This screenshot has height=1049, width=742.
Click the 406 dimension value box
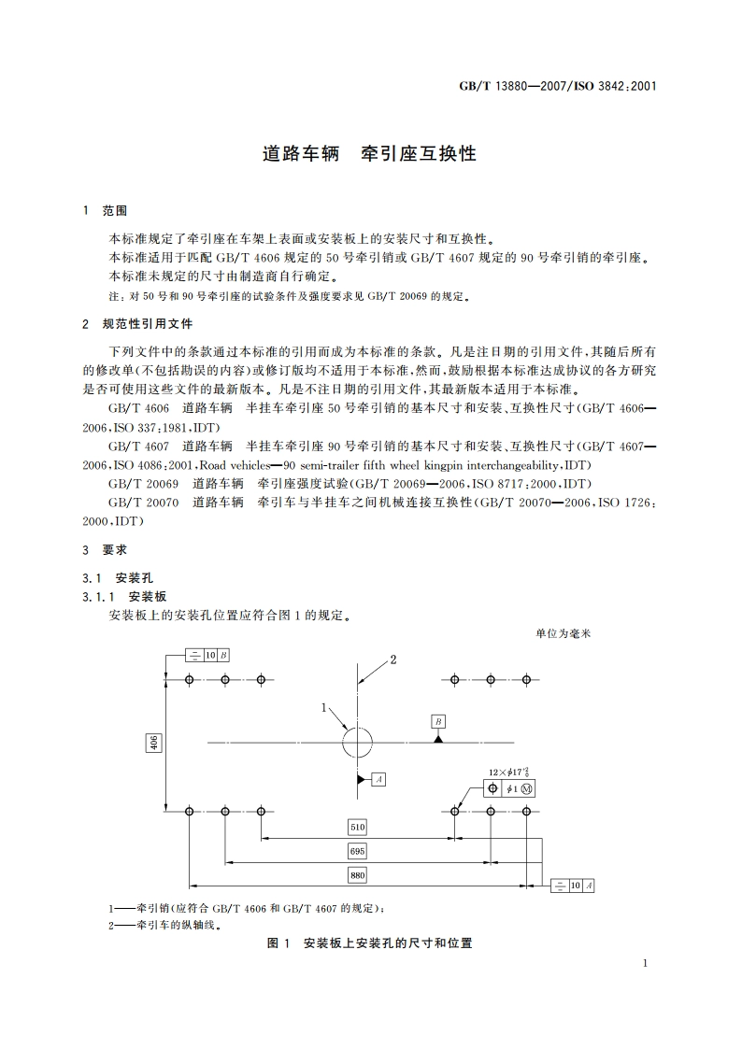coord(154,743)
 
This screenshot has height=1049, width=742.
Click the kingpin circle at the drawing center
coord(357,743)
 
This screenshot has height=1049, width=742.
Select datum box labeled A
coord(378,777)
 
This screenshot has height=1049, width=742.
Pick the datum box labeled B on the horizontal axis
coord(438,721)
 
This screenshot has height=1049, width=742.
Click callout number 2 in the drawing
coord(393,659)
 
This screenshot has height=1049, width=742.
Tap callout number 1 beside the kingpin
coord(325,708)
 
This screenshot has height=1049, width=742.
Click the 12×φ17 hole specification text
coord(509,773)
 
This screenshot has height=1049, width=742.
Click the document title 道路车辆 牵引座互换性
coord(370,153)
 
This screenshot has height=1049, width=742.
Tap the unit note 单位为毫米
coord(564,632)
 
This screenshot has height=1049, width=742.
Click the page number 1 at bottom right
coord(646,963)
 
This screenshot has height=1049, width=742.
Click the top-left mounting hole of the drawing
coord(190,679)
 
